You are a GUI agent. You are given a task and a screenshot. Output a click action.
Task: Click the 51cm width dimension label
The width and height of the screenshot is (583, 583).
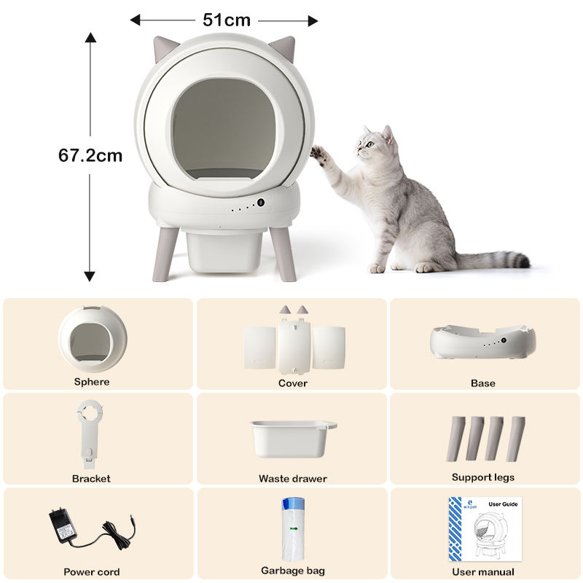tap(227, 20)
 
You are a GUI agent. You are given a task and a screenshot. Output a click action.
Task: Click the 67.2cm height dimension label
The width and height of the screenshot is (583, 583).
tap(90, 155)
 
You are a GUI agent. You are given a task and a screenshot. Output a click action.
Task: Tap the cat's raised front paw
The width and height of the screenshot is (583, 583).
tap(318, 153)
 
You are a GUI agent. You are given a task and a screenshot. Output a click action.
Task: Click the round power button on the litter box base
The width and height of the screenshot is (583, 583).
tap(261, 203)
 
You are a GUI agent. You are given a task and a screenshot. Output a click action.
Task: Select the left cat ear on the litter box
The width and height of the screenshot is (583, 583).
tap(165, 47)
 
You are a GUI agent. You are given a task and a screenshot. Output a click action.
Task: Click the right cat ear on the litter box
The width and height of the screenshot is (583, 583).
tap(283, 47)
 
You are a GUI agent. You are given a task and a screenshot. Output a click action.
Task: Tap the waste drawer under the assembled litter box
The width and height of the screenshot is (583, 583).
tap(224, 251)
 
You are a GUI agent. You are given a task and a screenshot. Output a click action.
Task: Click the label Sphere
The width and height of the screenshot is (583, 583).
tap(92, 382)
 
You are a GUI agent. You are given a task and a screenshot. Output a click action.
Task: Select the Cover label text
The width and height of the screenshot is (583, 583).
tap(293, 383)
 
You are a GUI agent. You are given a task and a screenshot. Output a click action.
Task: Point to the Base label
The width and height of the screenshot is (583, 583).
tap(483, 383)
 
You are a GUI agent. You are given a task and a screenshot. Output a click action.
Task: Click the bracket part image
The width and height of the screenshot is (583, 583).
tap(89, 433)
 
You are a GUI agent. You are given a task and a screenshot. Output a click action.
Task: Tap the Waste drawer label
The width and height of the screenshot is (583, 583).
tap(293, 479)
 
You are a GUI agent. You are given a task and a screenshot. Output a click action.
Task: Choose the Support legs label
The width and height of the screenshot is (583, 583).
tap(483, 477)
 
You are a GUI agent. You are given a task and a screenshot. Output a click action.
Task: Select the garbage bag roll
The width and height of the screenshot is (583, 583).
tap(293, 529)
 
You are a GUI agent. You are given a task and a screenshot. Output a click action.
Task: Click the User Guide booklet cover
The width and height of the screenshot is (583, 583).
tap(485, 530)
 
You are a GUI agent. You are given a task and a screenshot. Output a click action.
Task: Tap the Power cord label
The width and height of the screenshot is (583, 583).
tap(92, 572)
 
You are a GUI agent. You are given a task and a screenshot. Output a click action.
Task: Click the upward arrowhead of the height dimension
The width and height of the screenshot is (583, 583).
tap(90, 38)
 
